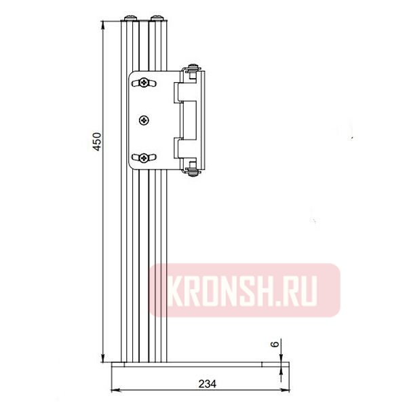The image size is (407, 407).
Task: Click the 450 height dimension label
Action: pos(97,141)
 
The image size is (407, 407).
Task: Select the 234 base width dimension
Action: pos(208,383)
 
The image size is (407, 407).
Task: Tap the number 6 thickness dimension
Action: pos(274,345)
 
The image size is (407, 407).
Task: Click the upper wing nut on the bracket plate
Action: pos(143,83)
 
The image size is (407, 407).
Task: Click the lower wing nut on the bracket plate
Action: pos(143,158)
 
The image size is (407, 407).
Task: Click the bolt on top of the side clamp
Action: pos(195,66)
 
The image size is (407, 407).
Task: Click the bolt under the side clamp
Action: pos(195,174)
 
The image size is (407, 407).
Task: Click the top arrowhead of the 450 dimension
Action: pos(103,25)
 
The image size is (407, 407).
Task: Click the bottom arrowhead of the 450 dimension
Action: pos(103,359)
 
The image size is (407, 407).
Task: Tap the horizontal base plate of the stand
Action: pos(197,365)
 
